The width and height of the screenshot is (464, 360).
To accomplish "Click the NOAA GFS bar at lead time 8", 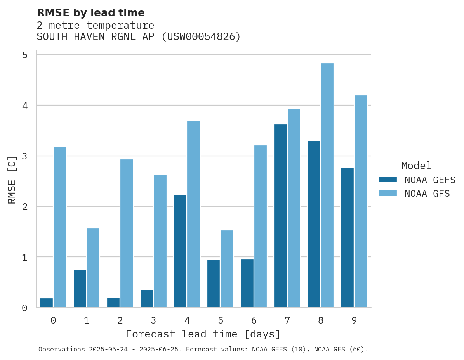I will [327, 185].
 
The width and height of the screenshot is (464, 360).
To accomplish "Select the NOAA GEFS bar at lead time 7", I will [280, 216].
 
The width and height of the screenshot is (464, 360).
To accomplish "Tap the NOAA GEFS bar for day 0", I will [46, 303].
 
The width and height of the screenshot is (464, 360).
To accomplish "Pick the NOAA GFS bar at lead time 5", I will [227, 269].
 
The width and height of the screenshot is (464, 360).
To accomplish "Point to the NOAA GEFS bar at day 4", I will [180, 251].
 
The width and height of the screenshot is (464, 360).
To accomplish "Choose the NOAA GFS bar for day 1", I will [93, 268].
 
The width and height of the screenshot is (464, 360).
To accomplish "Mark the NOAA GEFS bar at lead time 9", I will [347, 237].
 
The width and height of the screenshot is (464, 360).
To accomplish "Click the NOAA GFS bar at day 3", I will [160, 241].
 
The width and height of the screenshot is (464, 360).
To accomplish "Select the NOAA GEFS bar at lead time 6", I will [247, 283].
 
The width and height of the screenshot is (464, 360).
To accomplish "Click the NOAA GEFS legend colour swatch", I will [388, 180].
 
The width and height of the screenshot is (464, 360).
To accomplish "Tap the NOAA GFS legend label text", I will [427, 194].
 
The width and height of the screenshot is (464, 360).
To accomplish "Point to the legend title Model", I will [416, 166].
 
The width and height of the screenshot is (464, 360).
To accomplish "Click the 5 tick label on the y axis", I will [25, 55].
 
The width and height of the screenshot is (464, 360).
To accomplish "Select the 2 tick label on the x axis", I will [120, 320].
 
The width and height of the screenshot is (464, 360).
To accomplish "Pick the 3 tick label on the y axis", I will [25, 156].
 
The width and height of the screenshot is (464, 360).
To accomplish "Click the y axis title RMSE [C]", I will [12, 180].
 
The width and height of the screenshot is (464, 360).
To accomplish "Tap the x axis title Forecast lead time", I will [203, 334].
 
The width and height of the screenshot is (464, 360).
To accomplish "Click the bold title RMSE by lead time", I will [91, 13].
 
